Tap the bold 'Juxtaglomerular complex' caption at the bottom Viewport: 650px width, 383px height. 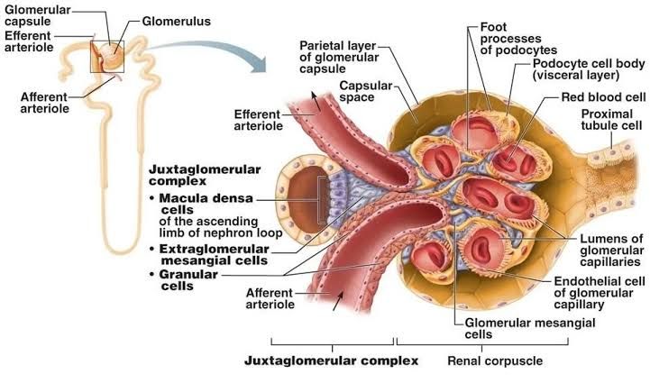(332, 361)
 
